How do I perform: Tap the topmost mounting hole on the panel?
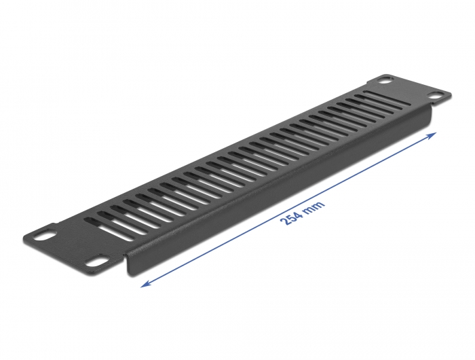coord(384,80)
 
